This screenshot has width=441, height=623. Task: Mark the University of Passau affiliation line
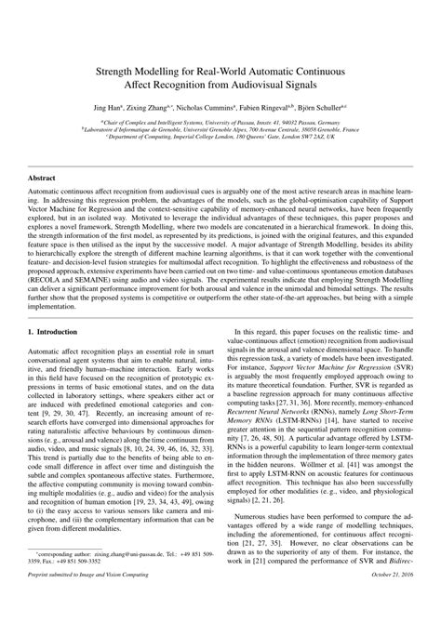tap(220, 120)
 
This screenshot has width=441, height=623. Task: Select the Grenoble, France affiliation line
tap(220, 127)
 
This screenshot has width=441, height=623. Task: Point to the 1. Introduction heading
tap(58, 329)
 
